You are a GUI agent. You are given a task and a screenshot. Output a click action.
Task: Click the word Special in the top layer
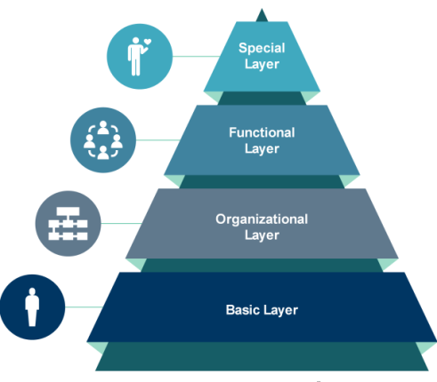pyautogui.click(x=262, y=48)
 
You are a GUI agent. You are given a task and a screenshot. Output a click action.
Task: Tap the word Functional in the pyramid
pyautogui.click(x=262, y=132)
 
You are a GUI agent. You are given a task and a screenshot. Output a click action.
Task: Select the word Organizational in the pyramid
pyautogui.click(x=262, y=219)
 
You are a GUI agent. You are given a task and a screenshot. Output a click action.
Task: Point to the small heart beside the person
pyautogui.click(x=148, y=42)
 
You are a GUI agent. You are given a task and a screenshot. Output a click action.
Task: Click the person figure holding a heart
pyautogui.click(x=135, y=57)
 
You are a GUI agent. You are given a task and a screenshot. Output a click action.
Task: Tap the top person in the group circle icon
pyautogui.click(x=103, y=128)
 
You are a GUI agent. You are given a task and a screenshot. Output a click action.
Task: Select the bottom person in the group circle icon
pyautogui.click(x=103, y=153)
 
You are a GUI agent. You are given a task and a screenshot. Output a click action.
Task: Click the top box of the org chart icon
pyautogui.click(x=68, y=211)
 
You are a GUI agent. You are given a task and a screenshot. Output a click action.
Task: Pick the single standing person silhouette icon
pyautogui.click(x=32, y=307)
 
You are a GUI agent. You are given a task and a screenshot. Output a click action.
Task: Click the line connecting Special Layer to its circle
pyautogui.click(x=196, y=56)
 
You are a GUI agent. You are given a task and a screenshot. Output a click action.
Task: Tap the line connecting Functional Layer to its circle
pyautogui.click(x=158, y=140)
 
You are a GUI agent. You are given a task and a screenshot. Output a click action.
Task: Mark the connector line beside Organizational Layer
pyautogui.click(x=121, y=224)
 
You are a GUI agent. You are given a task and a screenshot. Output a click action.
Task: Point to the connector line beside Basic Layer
pyautogui.click(x=84, y=307)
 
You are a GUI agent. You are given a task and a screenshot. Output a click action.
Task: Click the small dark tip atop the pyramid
pyautogui.click(x=262, y=16)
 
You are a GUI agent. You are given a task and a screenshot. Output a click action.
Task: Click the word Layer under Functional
pyautogui.click(x=262, y=149)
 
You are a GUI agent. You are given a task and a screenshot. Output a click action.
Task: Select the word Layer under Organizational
pyautogui.click(x=262, y=235)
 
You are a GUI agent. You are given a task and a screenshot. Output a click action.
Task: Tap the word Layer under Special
pyautogui.click(x=262, y=65)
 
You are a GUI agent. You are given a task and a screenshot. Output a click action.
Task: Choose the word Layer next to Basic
pyautogui.click(x=280, y=310)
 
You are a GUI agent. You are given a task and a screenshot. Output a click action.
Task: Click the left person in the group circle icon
pyautogui.click(x=90, y=141)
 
